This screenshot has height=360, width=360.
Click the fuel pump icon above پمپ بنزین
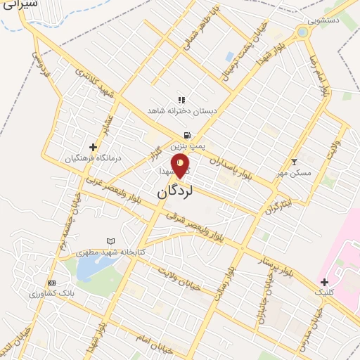coord(186,135)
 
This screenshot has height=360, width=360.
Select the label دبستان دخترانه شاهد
coord(182,110)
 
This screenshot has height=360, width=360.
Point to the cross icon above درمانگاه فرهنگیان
coord(92,147)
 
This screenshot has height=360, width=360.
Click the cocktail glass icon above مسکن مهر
coord(294,162)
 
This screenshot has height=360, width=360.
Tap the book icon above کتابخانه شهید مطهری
coord(110,240)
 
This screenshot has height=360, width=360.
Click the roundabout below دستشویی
coord(303,32)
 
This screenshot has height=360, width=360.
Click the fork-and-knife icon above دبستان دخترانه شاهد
coord(181,100)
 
